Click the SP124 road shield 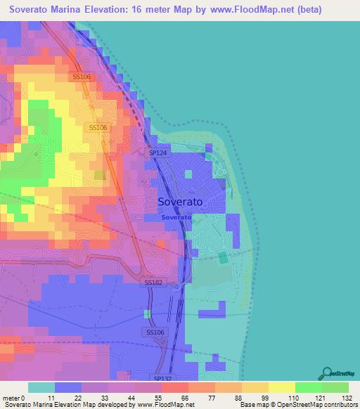(157, 152)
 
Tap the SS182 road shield (153, 282)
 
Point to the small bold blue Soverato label (176, 217)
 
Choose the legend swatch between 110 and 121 (309, 387)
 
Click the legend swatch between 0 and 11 (41, 387)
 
